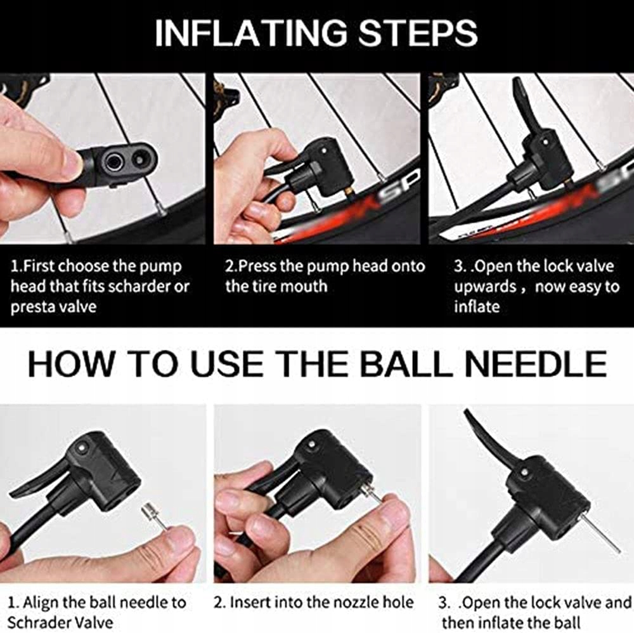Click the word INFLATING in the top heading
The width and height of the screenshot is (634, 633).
click(x=251, y=32)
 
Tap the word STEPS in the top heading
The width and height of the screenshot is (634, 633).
click(x=418, y=32)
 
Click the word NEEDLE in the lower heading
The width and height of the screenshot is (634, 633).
click(x=536, y=363)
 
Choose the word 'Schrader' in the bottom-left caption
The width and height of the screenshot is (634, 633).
click(x=38, y=622)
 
